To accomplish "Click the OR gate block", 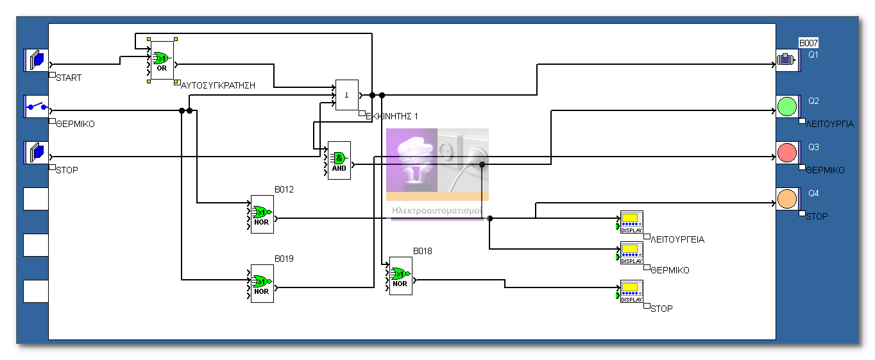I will tap(162, 61).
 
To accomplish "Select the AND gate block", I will tap(339, 160).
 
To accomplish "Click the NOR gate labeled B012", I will tap(262, 214).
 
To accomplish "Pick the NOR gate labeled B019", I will tap(262, 284).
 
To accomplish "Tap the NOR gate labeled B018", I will tap(400, 276).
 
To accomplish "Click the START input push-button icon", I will tap(36, 60).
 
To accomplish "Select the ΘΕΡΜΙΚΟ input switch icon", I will tap(36, 107).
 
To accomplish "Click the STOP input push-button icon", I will tap(36, 153).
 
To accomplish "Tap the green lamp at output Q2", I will tap(786, 107).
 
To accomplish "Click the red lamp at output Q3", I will tap(786, 153).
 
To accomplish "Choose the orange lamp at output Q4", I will tap(786, 199).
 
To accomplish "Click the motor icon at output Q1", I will tap(786, 60).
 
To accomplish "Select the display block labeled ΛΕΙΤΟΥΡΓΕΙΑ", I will tap(631, 222).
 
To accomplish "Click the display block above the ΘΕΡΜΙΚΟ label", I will tap(631, 253).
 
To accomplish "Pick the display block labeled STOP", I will tap(631, 291).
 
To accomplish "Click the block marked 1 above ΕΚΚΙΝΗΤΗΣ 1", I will tap(347, 95).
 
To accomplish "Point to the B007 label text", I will tap(808, 43).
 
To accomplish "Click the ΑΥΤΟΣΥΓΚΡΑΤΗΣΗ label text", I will tap(219, 85).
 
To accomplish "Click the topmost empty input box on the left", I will tap(36, 199).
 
